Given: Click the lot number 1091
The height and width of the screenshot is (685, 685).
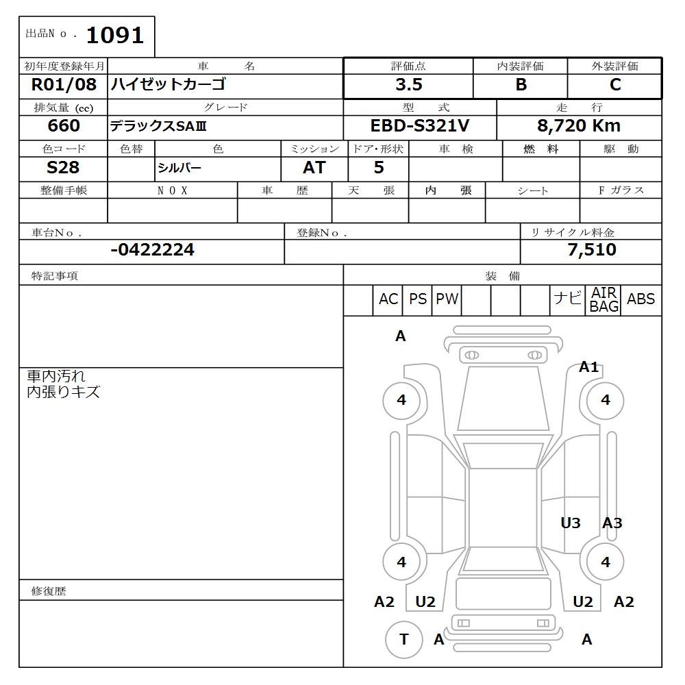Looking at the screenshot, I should [114, 35].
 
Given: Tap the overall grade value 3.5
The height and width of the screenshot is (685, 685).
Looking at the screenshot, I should [409, 85].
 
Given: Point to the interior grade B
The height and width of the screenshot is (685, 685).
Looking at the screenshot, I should [521, 85].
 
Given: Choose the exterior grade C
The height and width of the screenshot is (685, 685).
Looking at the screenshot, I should [615, 85].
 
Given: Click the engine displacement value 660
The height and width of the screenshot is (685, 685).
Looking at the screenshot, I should [64, 126].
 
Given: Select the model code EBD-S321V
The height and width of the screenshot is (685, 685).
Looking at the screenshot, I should [419, 126].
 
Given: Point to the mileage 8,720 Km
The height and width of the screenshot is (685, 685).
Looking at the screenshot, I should [579, 126].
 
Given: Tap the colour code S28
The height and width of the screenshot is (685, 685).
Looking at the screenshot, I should [63, 168].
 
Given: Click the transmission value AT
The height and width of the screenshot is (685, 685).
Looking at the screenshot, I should [314, 168].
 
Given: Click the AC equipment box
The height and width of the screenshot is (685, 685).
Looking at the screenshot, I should [388, 299].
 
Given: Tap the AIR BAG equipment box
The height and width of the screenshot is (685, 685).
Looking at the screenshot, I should [604, 300].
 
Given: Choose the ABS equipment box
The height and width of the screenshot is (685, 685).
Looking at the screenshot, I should [641, 299].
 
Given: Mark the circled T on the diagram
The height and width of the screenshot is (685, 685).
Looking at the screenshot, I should [403, 639].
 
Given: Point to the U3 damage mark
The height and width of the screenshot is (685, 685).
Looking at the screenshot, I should [571, 523].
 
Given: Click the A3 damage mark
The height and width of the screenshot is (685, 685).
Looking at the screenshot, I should [612, 523].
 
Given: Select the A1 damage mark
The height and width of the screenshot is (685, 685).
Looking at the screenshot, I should [589, 367].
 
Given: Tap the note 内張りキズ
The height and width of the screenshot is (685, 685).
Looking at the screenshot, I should [64, 393].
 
